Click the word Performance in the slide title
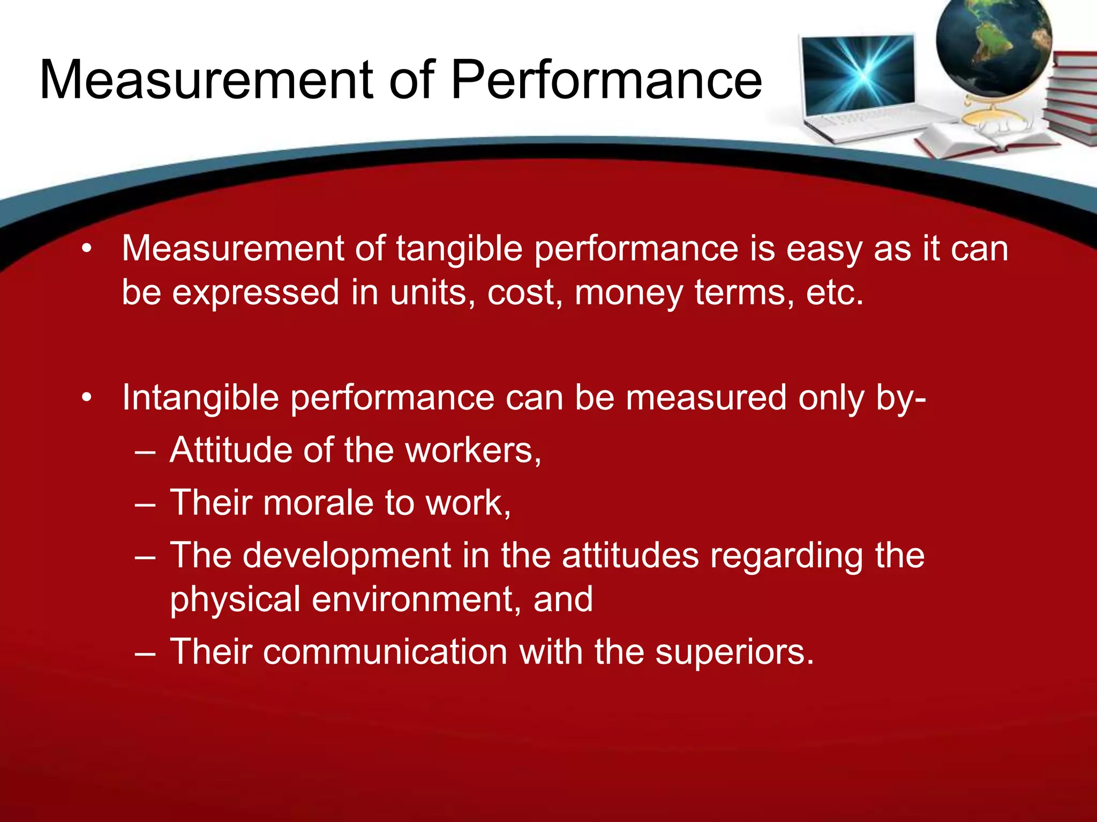[x=606, y=80]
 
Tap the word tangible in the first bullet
[x=459, y=249]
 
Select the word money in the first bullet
[x=628, y=293]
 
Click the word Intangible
[x=200, y=398]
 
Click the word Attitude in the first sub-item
[x=230, y=450]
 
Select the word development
[x=347, y=555]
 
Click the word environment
[x=416, y=599]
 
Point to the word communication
[x=385, y=652]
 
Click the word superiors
[x=734, y=652]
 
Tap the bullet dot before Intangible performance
[x=87, y=398]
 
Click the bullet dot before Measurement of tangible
[x=87, y=249]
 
